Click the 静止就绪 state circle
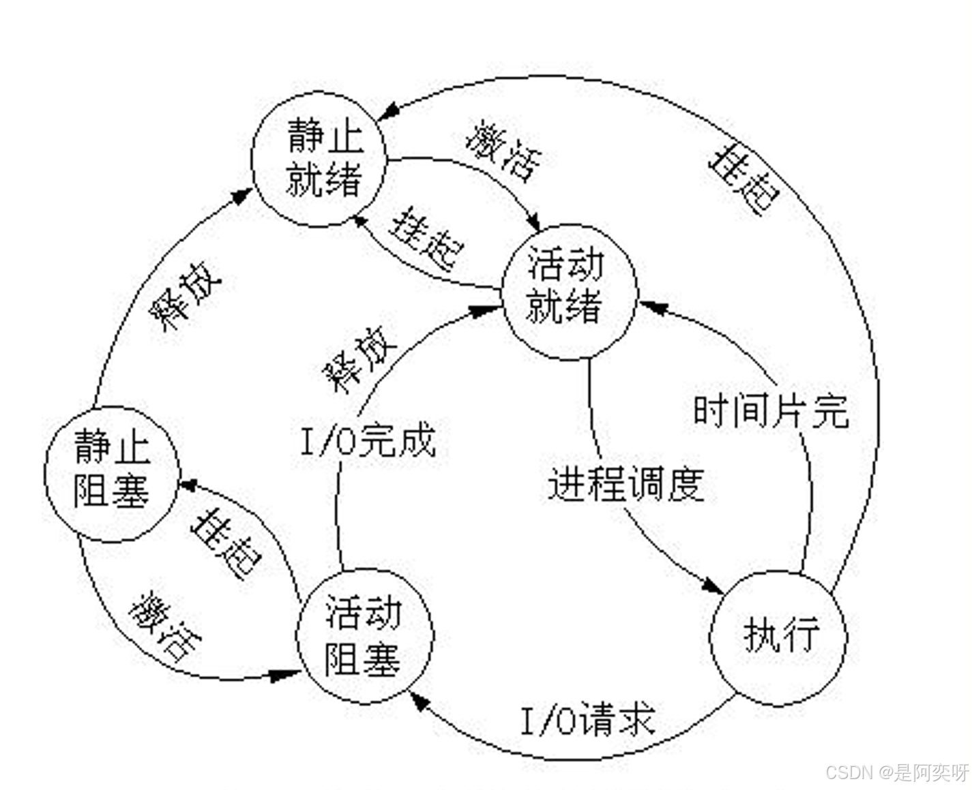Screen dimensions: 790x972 [x=319, y=158]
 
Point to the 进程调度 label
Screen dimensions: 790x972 [x=625, y=485]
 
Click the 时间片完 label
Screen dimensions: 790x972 [x=771, y=411]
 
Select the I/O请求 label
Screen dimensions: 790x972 [x=587, y=720]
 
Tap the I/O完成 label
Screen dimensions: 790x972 [x=368, y=440]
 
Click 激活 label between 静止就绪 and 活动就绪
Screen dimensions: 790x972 [x=503, y=151]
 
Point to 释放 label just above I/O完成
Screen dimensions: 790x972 [x=359, y=362]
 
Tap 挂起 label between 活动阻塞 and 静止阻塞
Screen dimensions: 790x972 [x=226, y=542]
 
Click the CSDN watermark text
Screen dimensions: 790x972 [x=897, y=772]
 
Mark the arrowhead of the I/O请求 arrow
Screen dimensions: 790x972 [x=417, y=701]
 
